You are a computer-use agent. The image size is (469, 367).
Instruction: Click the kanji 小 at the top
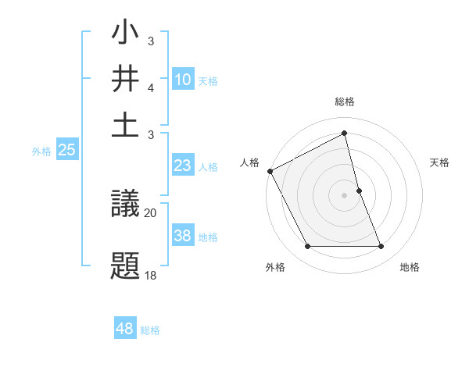[126, 35]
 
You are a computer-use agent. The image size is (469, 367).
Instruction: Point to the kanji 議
[126, 206]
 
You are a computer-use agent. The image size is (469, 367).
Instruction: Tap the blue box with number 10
[182, 80]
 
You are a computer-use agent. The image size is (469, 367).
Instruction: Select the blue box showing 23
[182, 166]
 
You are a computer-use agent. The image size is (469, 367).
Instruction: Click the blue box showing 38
[182, 236]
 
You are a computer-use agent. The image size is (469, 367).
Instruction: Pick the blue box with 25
[66, 151]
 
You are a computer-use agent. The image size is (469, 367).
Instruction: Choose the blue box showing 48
[125, 329]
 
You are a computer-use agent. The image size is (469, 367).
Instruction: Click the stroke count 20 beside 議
[151, 212]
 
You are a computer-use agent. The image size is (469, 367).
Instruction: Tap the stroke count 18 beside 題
[150, 274]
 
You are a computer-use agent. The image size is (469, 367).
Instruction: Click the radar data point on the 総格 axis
[345, 134]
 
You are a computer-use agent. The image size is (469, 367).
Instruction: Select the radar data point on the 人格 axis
[270, 171]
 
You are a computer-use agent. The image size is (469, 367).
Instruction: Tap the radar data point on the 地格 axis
[381, 247]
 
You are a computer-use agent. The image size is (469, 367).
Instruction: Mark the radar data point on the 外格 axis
[307, 247]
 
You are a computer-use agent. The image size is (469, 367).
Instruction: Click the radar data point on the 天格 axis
[360, 191]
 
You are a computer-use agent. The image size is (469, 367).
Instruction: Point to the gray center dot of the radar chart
[345, 195]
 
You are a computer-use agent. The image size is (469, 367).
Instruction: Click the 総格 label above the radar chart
[345, 102]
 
